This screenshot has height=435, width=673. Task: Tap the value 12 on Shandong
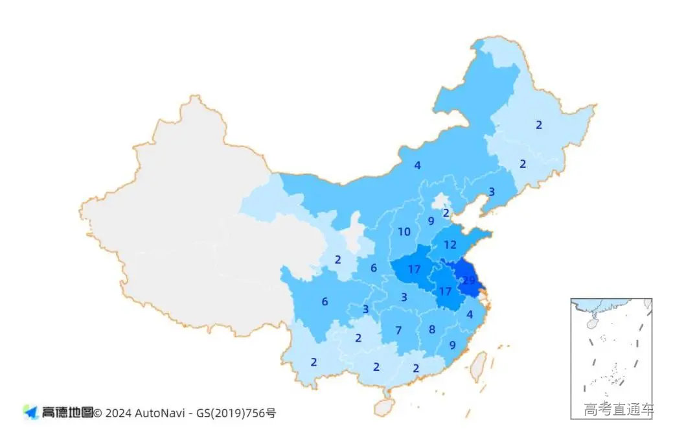[x=450, y=245]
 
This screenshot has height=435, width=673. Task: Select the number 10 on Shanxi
[x=404, y=231]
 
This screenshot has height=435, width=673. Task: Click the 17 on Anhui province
[x=445, y=291]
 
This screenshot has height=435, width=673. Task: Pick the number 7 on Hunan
[x=398, y=330]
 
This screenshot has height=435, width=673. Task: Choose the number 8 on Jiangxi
[x=432, y=329]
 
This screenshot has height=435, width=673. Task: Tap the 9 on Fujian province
[x=452, y=345]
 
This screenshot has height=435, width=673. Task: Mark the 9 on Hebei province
[x=431, y=220]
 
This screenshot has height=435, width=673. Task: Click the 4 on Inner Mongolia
[x=417, y=165]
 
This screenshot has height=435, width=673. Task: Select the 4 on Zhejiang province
[x=470, y=315]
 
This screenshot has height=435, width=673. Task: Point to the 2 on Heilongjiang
[x=538, y=125]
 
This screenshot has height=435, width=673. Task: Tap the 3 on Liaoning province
[x=491, y=192]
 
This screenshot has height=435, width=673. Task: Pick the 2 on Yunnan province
[x=314, y=362]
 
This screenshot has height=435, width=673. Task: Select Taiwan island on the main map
[x=477, y=364]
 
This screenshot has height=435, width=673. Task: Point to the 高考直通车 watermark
[x=618, y=410]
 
